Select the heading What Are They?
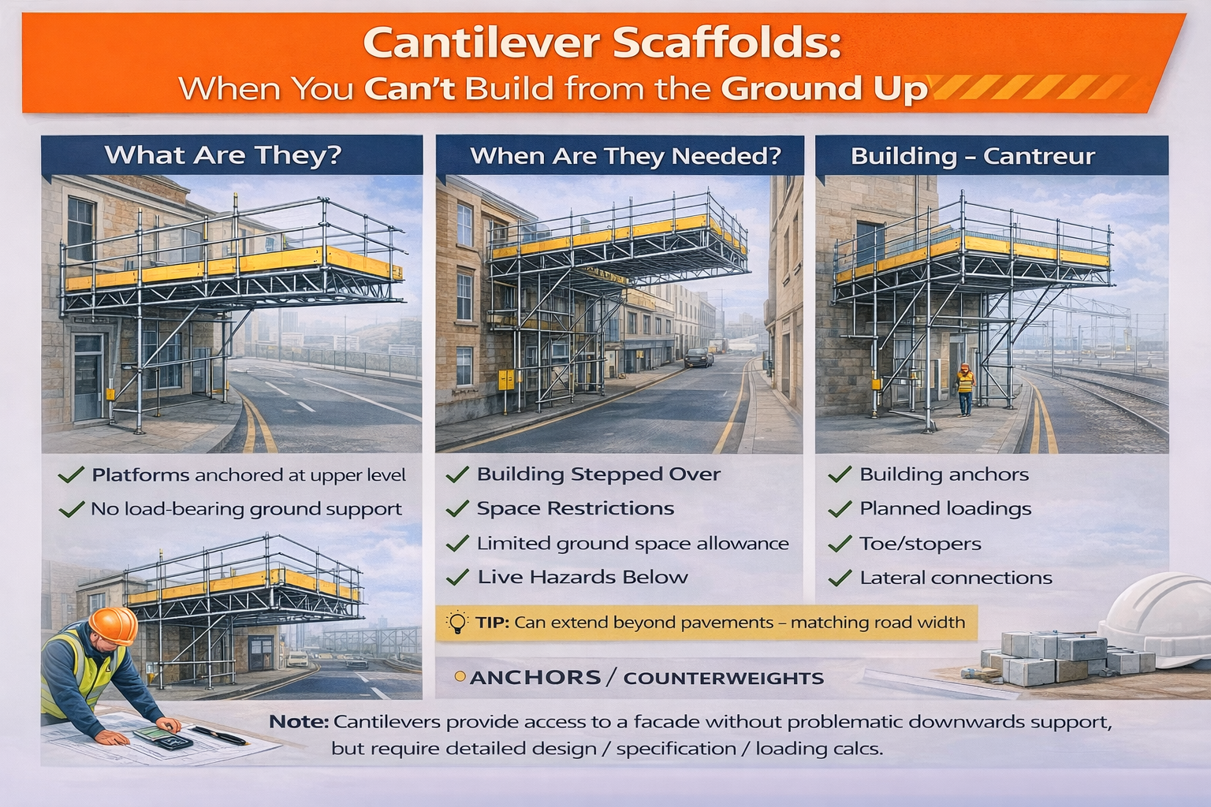(223, 154)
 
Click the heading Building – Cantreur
(973, 156)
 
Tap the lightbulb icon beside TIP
(457, 622)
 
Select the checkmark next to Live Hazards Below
(457, 578)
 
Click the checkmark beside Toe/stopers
(840, 544)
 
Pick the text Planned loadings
(945, 509)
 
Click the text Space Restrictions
(575, 508)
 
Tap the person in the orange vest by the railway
(965, 389)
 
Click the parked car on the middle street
(698, 358)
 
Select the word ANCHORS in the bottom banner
(535, 678)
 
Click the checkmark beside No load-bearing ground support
(72, 510)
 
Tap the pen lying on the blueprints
(222, 736)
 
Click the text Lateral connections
(956, 578)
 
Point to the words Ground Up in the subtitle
(824, 88)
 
